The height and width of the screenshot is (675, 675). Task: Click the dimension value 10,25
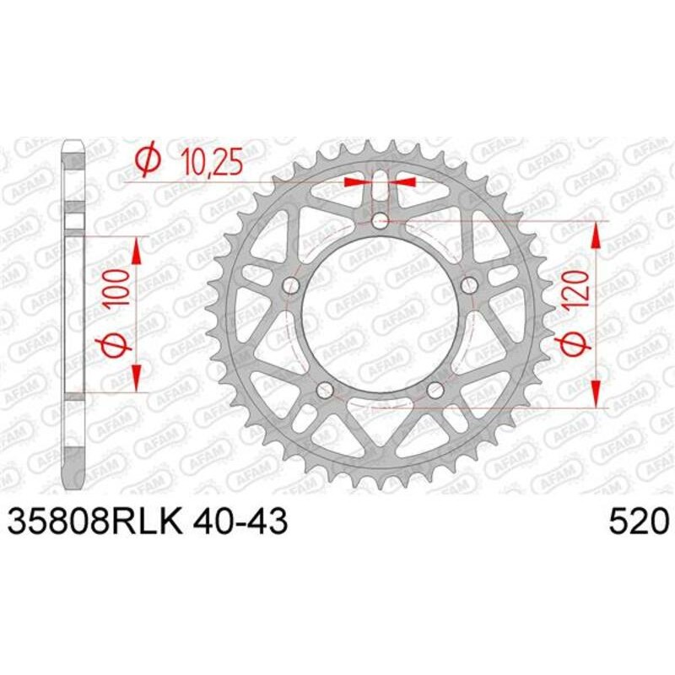209,160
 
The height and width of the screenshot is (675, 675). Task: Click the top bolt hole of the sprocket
380,221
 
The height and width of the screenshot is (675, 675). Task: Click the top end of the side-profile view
75,145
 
